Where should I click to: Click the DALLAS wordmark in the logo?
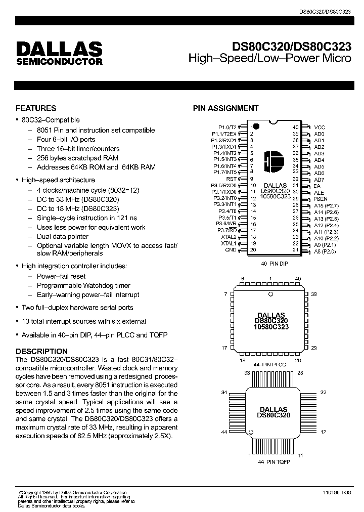point(59,49)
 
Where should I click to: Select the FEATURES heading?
point(36,108)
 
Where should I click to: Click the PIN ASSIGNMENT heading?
point(226,108)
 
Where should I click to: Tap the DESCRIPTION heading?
point(41,351)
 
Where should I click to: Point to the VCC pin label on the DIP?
point(320,127)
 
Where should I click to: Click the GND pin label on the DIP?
point(231,249)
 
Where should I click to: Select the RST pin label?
point(231,179)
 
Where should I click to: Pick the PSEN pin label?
point(321,199)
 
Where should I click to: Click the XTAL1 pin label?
point(229,243)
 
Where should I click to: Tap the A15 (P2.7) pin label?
point(326,205)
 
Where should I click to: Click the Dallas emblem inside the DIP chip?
point(274,161)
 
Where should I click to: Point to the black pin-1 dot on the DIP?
point(256,125)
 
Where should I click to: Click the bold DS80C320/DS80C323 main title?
point(292,47)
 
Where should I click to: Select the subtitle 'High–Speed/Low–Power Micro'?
point(269,59)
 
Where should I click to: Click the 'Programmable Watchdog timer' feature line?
point(83,285)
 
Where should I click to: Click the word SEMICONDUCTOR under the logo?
point(59,62)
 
